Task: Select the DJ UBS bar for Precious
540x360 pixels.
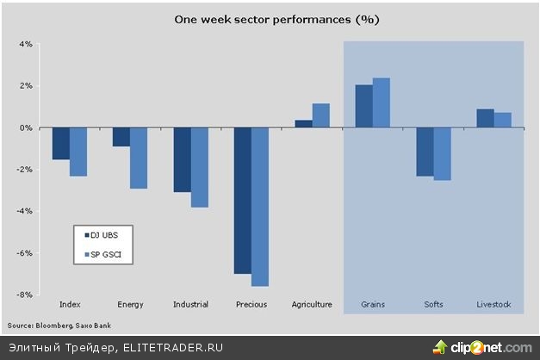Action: tap(243, 201)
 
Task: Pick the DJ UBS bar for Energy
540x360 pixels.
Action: tap(121, 137)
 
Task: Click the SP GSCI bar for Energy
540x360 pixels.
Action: tap(139, 158)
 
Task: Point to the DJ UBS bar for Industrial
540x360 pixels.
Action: tap(182, 160)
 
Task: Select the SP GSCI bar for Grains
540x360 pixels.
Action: tap(382, 103)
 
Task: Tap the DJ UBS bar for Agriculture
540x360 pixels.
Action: tap(303, 124)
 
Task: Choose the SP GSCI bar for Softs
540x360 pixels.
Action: tap(442, 154)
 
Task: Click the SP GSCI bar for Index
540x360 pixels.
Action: tap(78, 152)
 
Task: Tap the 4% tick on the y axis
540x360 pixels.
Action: tap(26, 44)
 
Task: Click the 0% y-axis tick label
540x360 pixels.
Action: tap(26, 127)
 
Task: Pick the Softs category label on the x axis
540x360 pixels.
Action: tap(433, 304)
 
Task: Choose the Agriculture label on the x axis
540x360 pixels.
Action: tap(313, 304)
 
